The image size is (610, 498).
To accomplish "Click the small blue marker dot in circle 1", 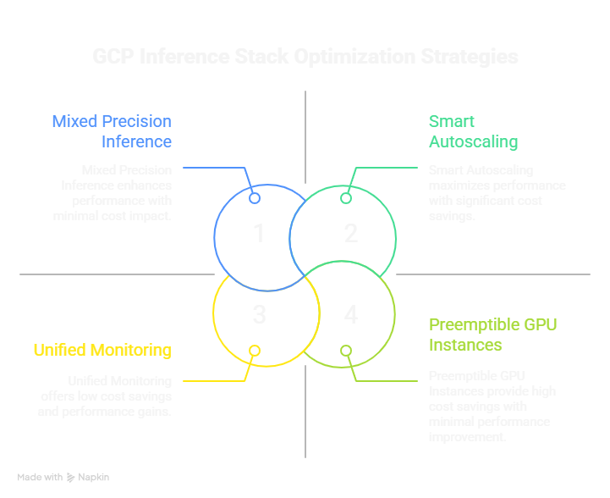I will click(x=254, y=198).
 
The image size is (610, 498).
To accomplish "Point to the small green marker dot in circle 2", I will click(x=345, y=198).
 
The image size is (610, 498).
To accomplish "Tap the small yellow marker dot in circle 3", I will click(x=254, y=351).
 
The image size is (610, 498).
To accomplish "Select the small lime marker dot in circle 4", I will click(x=345, y=351).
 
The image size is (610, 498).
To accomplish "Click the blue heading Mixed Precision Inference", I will click(x=112, y=131).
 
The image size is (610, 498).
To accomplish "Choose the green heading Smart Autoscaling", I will click(x=473, y=131).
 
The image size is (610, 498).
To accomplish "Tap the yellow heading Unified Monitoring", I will click(x=102, y=350).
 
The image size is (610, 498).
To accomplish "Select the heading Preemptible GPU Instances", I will click(x=492, y=335).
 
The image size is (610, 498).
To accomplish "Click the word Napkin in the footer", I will click(x=96, y=478).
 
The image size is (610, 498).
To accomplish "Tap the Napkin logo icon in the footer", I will click(x=71, y=478).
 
